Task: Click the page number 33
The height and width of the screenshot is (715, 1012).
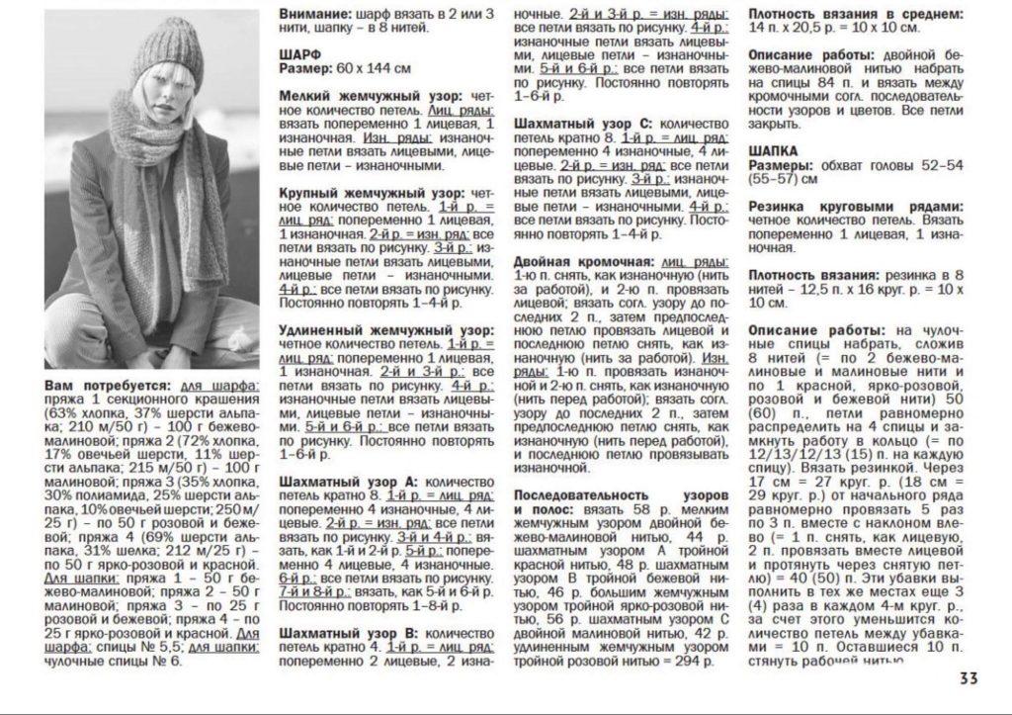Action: point(969,678)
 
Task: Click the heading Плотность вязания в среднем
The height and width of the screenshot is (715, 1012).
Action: point(855,15)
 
